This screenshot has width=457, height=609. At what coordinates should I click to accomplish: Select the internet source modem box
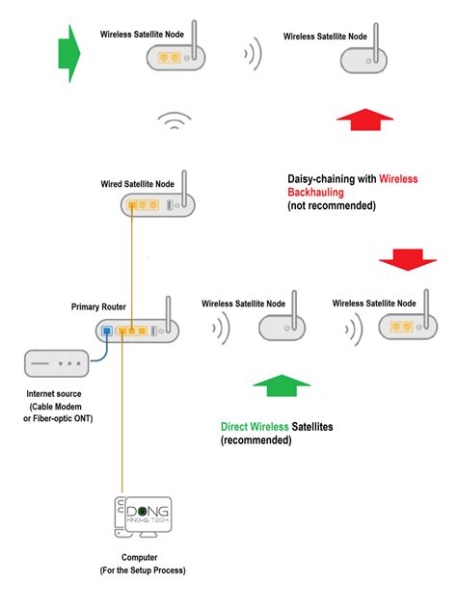point(56,364)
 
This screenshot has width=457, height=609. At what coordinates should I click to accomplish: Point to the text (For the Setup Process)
point(143,570)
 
